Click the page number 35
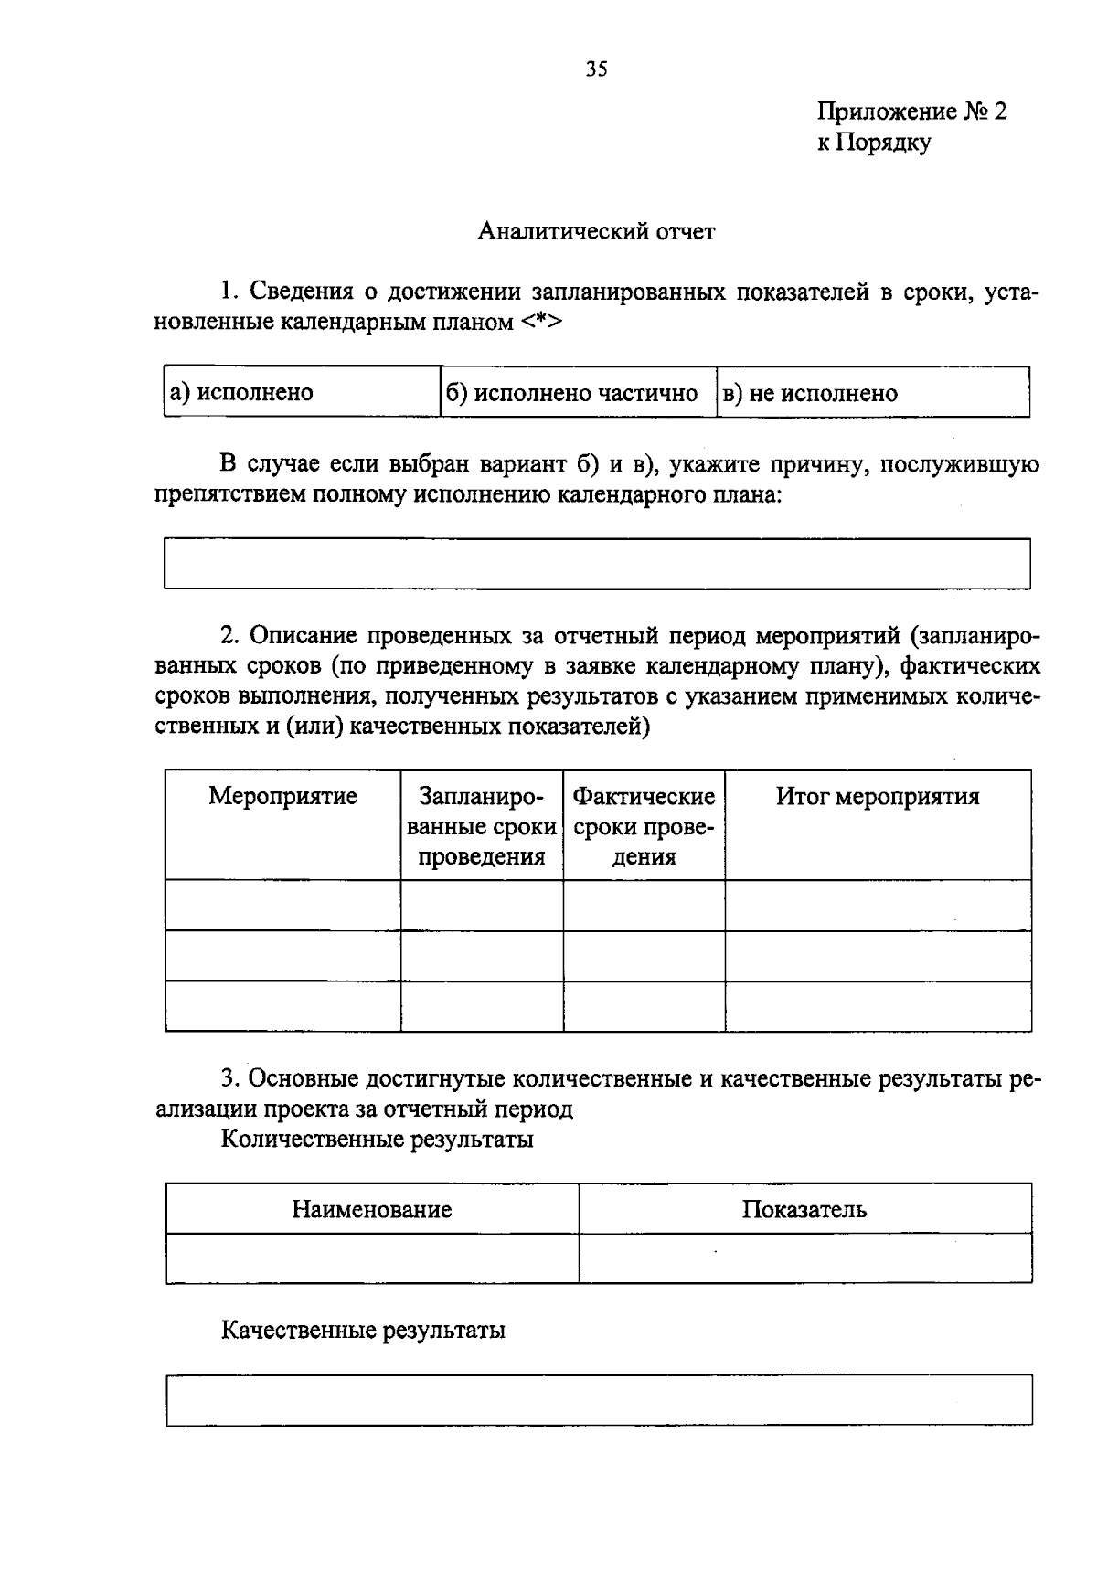596,69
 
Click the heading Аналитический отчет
596,231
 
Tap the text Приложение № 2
911,111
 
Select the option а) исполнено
242,393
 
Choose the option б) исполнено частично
572,393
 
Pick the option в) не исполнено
810,394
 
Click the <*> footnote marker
542,323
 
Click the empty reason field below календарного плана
597,563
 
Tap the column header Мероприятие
282,796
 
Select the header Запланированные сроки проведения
482,826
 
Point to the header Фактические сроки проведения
644,826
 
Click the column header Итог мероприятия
878,796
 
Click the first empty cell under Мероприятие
282,905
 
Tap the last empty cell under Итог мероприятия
878,1006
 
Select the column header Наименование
372,1209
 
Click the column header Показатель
804,1209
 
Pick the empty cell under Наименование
372,1258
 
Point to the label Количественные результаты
378,1140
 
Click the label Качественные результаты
363,1330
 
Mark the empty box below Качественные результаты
599,1399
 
